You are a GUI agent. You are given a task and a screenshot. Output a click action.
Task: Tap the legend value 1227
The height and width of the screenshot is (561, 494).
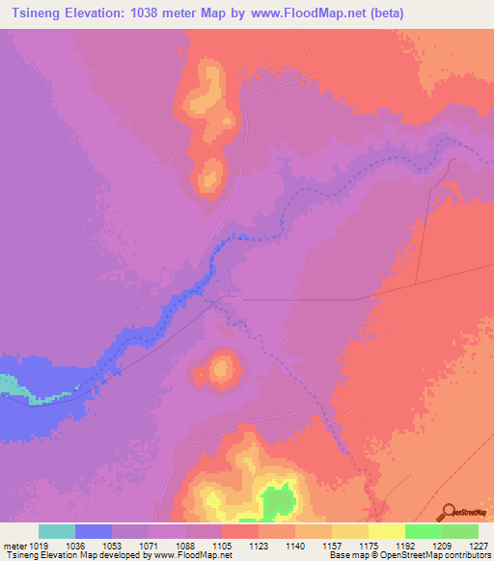477,546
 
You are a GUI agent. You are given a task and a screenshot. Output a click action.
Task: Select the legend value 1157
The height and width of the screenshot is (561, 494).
331,546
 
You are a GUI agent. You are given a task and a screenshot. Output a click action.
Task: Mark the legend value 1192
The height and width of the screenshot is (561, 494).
404,546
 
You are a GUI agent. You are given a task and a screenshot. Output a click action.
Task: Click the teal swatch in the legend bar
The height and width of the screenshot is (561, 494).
57,531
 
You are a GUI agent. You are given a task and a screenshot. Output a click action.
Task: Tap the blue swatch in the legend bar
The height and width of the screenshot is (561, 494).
94,531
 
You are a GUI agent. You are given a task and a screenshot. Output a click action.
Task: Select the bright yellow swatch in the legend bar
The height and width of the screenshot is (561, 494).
386,531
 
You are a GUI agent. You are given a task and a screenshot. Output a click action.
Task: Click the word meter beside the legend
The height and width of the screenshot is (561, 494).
16,546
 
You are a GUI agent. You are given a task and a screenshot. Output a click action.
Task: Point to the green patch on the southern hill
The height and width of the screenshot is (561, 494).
280,502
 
